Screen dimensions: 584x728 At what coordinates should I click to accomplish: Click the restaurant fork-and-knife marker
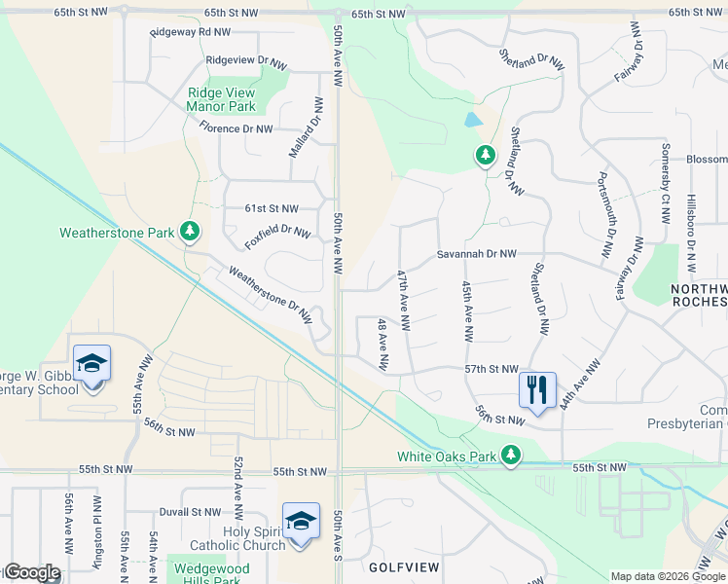point(537,389)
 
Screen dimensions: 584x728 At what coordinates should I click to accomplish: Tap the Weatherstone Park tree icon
point(190,231)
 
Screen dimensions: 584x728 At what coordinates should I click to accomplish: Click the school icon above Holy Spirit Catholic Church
point(301,521)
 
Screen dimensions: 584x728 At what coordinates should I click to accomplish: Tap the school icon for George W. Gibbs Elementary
point(91,363)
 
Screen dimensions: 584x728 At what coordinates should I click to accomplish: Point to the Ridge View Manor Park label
point(221,99)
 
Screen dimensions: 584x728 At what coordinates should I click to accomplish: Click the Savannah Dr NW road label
point(476,253)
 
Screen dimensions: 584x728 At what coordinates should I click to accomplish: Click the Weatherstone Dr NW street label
point(270,296)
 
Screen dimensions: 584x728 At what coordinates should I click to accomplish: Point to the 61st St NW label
point(271,208)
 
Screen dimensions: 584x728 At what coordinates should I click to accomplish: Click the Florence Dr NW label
point(237,128)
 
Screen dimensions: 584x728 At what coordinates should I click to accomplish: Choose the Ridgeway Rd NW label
point(190,32)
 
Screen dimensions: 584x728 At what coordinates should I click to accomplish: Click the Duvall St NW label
point(191,511)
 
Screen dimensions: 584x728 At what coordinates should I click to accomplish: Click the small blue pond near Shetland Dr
point(473,122)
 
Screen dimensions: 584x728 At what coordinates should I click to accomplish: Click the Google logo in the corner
point(32,572)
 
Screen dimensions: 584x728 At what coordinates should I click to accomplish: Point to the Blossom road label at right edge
point(707,160)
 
